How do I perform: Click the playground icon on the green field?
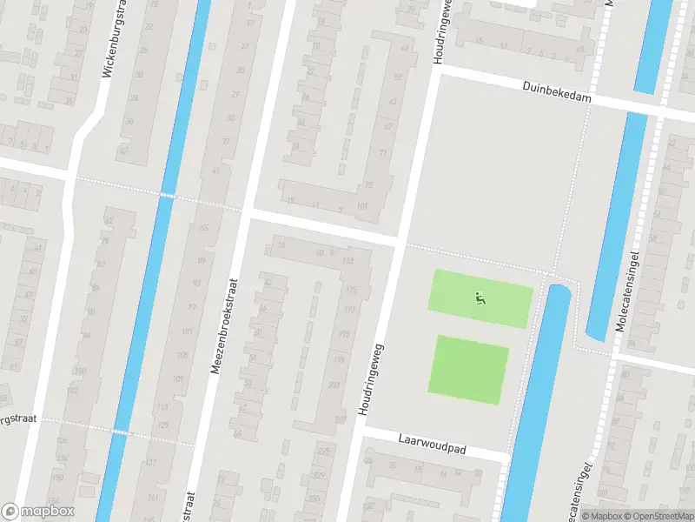pos(480,298)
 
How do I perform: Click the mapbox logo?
pos(38,512)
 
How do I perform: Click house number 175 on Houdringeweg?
pos(352,290)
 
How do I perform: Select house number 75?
pos(368,184)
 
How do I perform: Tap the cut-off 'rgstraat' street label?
pos(17,419)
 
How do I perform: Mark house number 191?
pos(348,310)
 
